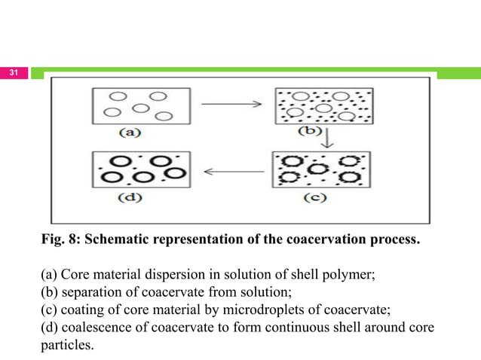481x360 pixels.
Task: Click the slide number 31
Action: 14,73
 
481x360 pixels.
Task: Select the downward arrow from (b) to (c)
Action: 326,140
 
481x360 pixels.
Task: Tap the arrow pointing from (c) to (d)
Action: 231,170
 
